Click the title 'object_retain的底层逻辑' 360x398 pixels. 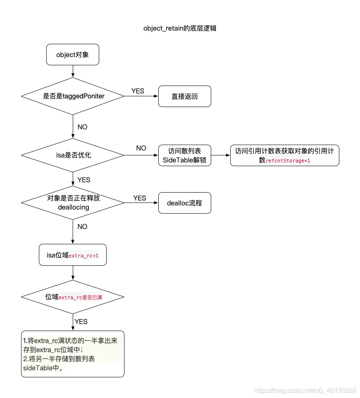click(180, 28)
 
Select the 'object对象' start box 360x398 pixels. click(73, 55)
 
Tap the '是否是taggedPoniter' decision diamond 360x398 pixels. click(73, 96)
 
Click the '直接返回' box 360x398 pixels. click(185, 96)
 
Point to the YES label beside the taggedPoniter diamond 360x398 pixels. click(138, 91)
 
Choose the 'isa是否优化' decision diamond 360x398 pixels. click(73, 155)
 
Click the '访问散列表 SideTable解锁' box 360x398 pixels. click(185, 155)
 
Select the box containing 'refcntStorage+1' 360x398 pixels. click(284, 155)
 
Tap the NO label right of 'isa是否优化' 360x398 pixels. click(141, 148)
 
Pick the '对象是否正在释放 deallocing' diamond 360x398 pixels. click(73, 203)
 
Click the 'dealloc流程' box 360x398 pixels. click(185, 203)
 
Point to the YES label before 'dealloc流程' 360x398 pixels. click(140, 198)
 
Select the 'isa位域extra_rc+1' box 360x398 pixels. click(73, 255)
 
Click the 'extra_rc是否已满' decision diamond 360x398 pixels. click(73, 297)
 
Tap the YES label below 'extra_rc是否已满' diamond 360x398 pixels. click(81, 321)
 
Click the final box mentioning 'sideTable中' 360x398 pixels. click(73, 354)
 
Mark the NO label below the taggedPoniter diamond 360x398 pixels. click(82, 127)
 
